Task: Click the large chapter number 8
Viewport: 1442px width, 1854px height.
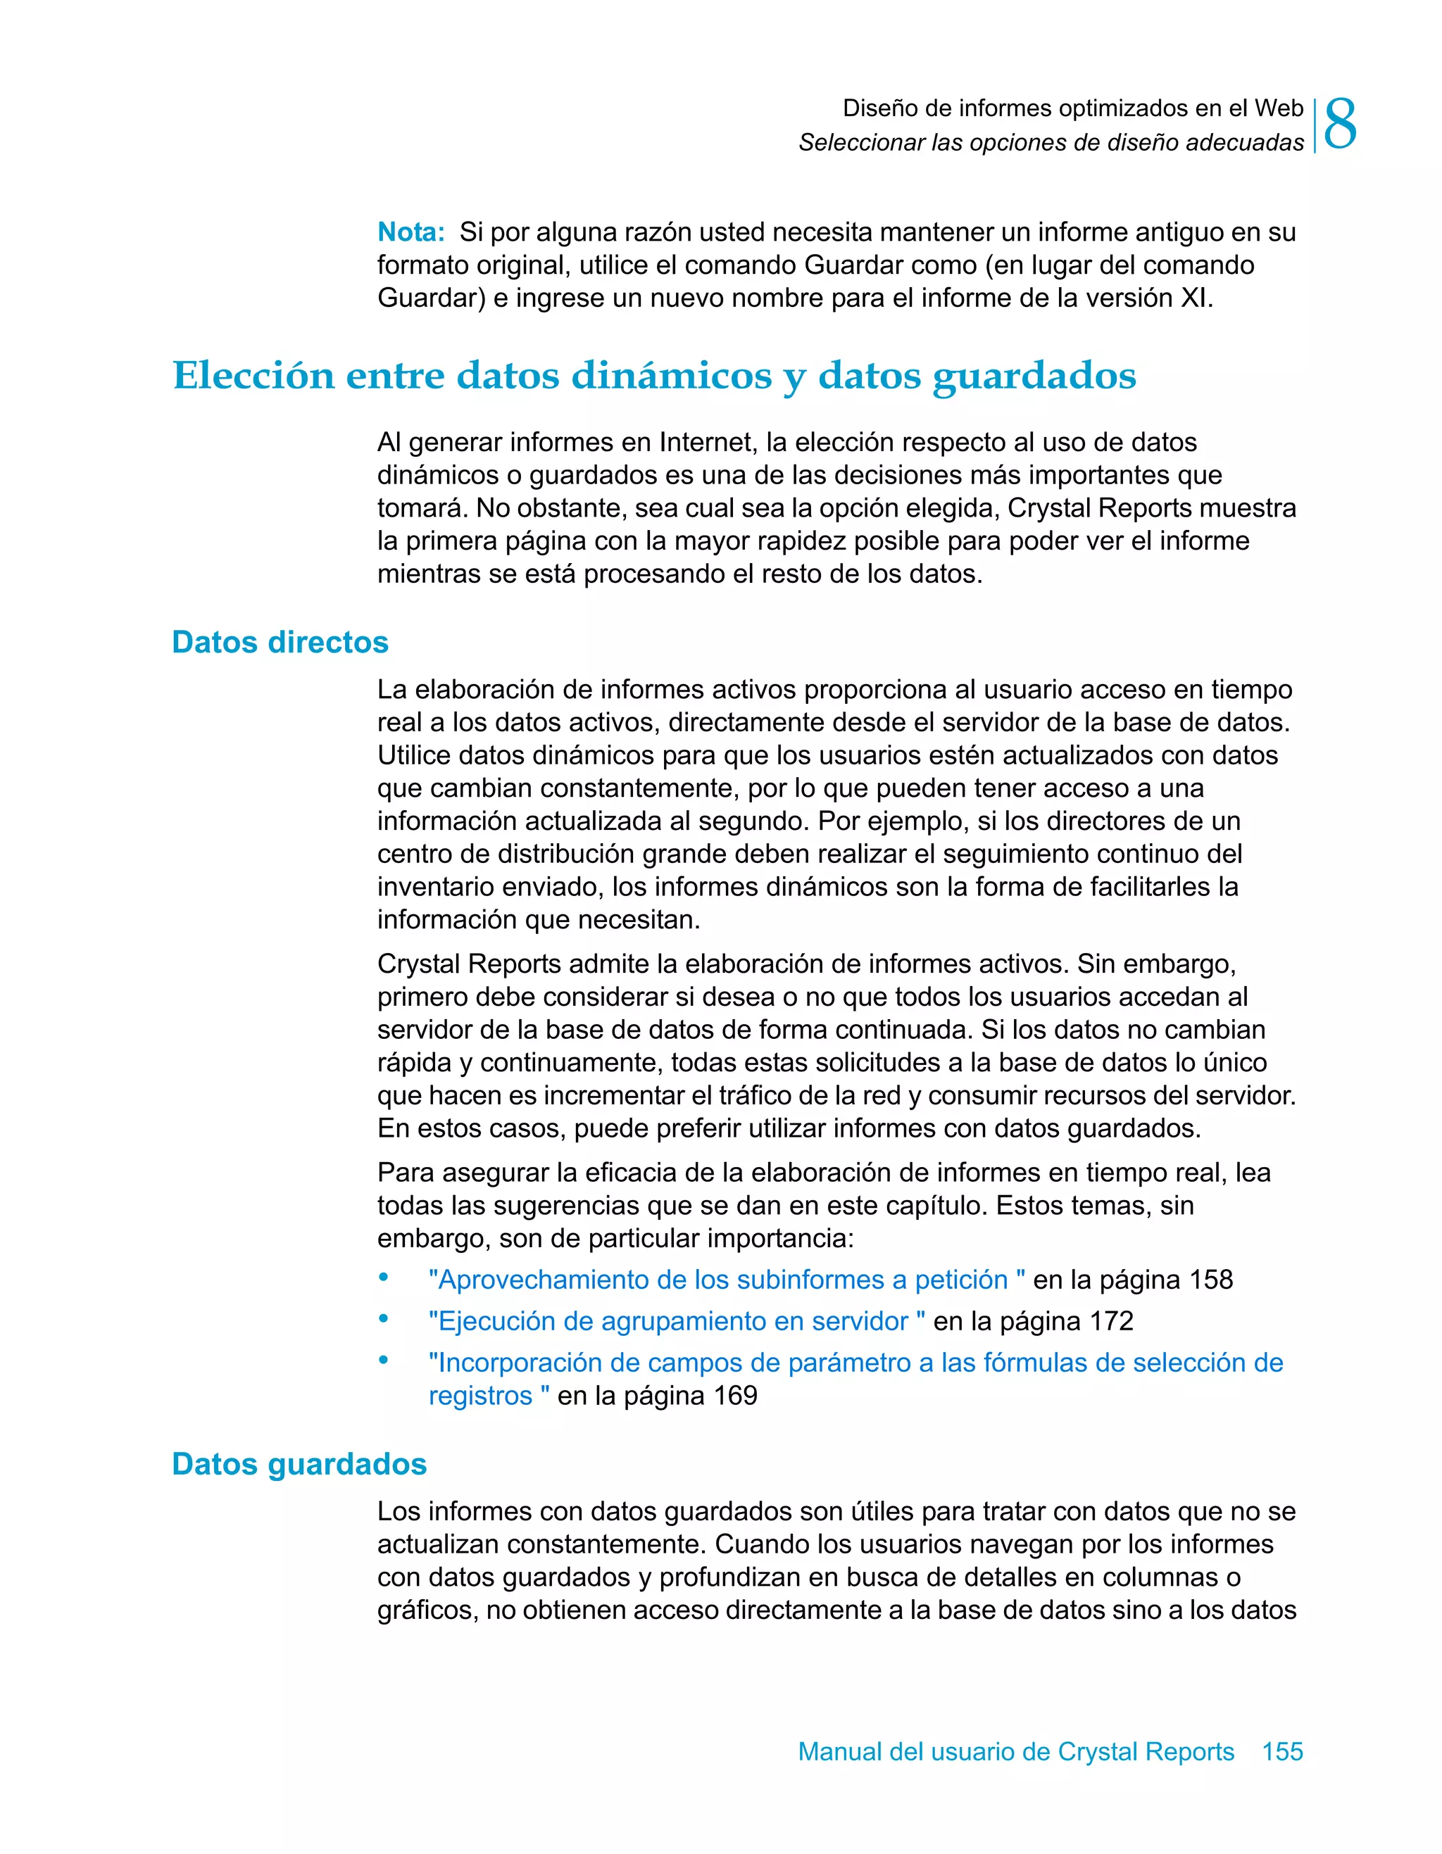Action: pyautogui.click(x=1340, y=124)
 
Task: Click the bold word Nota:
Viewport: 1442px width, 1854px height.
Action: pyautogui.click(x=411, y=232)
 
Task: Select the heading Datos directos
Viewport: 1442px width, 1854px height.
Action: pyautogui.click(x=280, y=642)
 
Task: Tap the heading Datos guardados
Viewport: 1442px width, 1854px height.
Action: pyautogui.click(x=299, y=1463)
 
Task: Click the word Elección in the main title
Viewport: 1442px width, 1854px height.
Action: pyautogui.click(x=254, y=376)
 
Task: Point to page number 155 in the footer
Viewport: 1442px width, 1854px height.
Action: pyautogui.click(x=1282, y=1751)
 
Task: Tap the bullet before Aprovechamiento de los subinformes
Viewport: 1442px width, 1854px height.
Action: pyautogui.click(x=384, y=1277)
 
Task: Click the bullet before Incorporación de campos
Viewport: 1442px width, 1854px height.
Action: pyautogui.click(x=384, y=1360)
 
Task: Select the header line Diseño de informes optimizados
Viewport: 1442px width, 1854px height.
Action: pyautogui.click(x=1072, y=108)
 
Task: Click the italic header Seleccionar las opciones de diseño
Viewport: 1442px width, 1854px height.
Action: pyautogui.click(x=1051, y=143)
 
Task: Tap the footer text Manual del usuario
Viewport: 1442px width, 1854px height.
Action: pyautogui.click(x=1016, y=1751)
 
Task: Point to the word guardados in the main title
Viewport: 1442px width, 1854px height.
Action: pyautogui.click(x=1034, y=376)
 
